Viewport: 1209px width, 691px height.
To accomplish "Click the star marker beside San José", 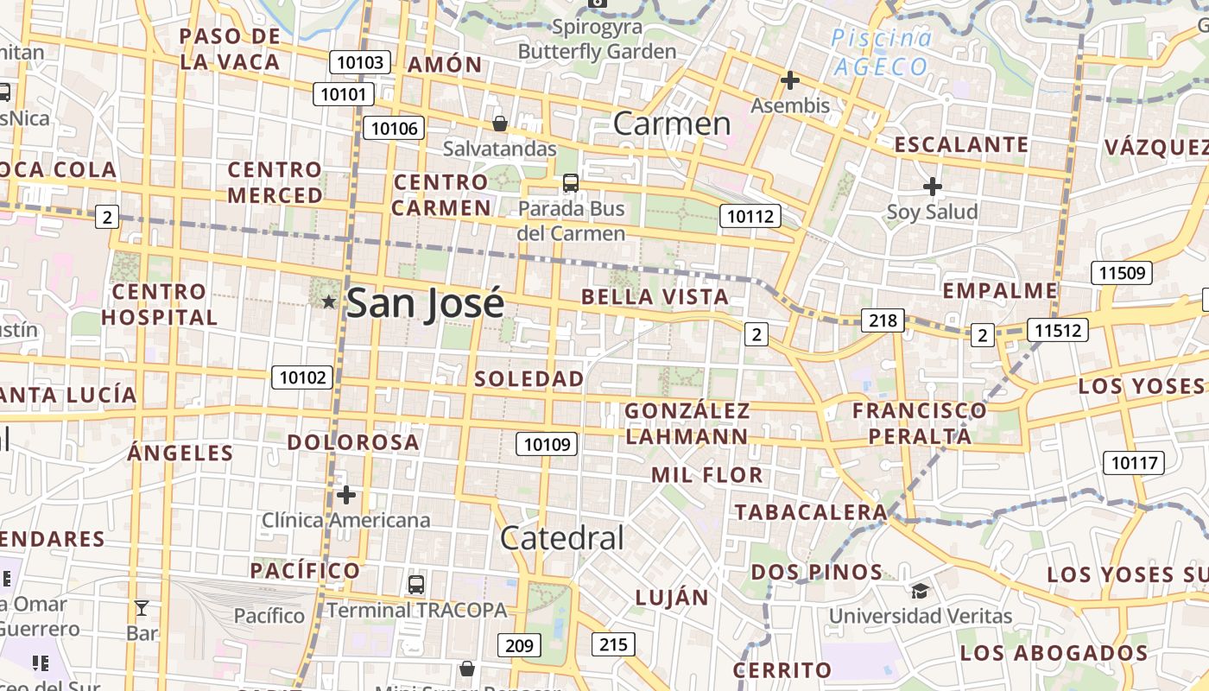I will pyautogui.click(x=328, y=301).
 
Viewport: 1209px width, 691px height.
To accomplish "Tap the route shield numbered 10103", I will pyautogui.click(x=360, y=62).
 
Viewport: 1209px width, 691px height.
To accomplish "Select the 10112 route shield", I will pyautogui.click(x=750, y=216).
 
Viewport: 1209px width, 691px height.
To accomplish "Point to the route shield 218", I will pyautogui.click(x=883, y=321).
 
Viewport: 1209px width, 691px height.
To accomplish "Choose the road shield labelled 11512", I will pyautogui.click(x=1057, y=330).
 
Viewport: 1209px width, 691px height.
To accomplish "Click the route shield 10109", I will pyautogui.click(x=547, y=444).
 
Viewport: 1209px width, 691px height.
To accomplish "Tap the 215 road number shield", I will pyautogui.click(x=613, y=643).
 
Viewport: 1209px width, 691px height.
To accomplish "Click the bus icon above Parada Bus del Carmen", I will pyautogui.click(x=571, y=183).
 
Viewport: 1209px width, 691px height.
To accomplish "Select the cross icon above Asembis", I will pyautogui.click(x=789, y=81).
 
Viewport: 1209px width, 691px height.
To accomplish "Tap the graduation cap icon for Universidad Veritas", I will pyautogui.click(x=920, y=591).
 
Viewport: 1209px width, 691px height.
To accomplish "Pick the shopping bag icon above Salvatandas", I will pyautogui.click(x=499, y=124).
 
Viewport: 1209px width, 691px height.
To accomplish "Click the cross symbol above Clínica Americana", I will pyautogui.click(x=346, y=495).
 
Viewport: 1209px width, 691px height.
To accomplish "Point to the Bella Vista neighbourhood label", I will pyautogui.click(x=655, y=297).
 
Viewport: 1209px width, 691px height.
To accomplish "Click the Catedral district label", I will pyautogui.click(x=561, y=538).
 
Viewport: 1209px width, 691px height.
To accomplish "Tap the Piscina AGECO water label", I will pyautogui.click(x=881, y=52).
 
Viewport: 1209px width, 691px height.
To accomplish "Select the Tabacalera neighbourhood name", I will pyautogui.click(x=811, y=512).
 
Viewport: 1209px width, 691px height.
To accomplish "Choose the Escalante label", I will pyautogui.click(x=961, y=144).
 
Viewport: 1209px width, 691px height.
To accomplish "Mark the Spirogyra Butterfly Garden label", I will pyautogui.click(x=597, y=40).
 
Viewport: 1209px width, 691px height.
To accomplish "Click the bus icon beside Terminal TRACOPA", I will pyautogui.click(x=416, y=585).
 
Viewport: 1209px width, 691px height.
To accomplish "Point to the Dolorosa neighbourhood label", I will pyautogui.click(x=353, y=442).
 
